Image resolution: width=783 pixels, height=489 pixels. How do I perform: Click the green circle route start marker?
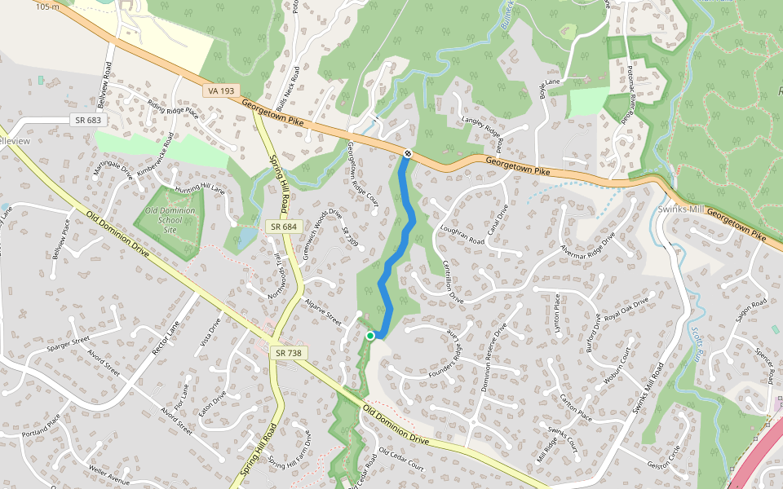point(370,335)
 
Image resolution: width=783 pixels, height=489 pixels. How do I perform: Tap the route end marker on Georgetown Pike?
point(407,153)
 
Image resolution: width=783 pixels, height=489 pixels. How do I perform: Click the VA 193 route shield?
point(223,90)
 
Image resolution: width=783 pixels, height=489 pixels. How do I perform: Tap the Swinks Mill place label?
point(680,209)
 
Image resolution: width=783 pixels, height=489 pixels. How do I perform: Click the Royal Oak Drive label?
point(626,309)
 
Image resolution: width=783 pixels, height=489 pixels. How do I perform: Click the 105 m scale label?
point(48,6)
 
